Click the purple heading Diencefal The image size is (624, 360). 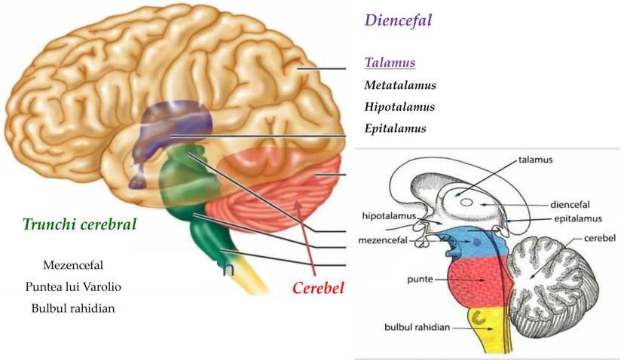(398, 20)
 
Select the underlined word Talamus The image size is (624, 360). (390, 63)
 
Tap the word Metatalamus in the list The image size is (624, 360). (400, 86)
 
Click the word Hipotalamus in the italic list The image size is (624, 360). (399, 107)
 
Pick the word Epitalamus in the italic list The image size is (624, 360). (396, 128)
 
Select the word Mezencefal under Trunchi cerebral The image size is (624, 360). (73, 265)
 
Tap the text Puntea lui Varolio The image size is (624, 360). (72, 287)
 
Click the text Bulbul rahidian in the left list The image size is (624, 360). (73, 309)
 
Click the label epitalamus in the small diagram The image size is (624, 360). (573, 219)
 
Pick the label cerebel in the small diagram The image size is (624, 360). (600, 239)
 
